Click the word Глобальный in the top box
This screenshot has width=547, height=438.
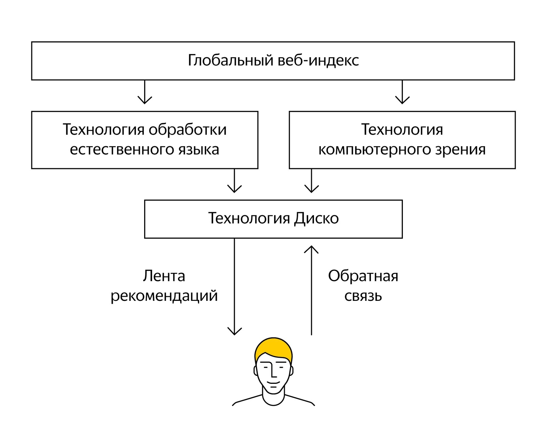tap(230, 60)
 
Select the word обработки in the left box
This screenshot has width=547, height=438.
tap(187, 130)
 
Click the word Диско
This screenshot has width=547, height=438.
tap(316, 218)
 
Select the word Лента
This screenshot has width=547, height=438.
tap(164, 276)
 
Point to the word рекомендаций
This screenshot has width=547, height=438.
tap(164, 296)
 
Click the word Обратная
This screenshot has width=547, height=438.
tap(363, 276)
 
